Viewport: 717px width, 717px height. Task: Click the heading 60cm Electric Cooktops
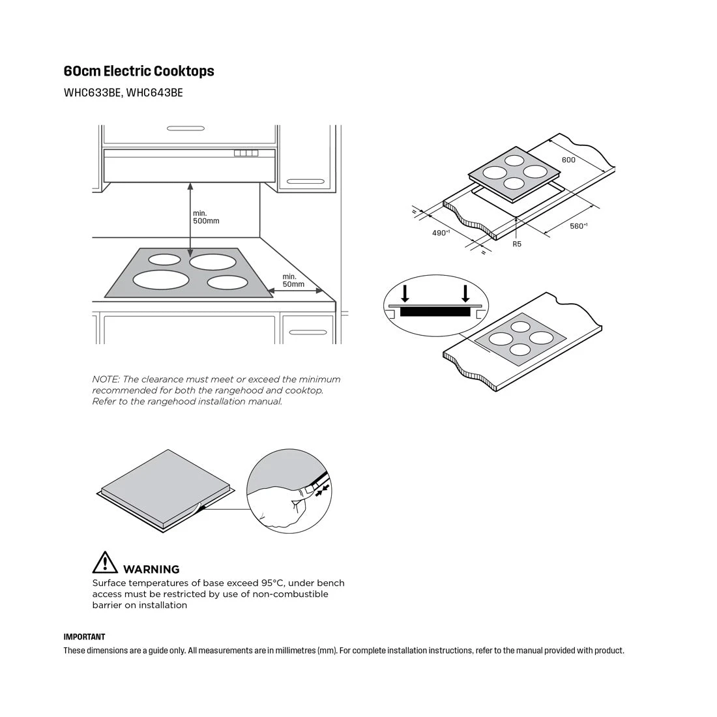(x=139, y=71)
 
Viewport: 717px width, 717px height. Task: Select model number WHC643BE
(x=154, y=93)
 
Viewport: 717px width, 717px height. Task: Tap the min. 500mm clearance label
(x=205, y=217)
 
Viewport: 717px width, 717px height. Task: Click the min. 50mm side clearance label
(x=293, y=280)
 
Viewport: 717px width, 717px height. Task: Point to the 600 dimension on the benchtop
(x=568, y=160)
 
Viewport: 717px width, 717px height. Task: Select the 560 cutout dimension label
(x=578, y=226)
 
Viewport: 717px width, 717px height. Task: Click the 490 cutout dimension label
(x=441, y=233)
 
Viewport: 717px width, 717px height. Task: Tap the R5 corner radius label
(x=517, y=244)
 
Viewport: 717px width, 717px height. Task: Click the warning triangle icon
(x=105, y=563)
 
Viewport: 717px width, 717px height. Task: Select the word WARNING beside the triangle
(x=151, y=569)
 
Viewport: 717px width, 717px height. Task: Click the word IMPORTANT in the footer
(x=84, y=637)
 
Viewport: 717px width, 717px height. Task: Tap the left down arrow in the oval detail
(x=405, y=294)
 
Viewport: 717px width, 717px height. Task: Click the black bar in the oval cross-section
(x=435, y=312)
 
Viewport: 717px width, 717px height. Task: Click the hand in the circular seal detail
(x=277, y=503)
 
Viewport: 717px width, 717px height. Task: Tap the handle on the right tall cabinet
(x=306, y=181)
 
